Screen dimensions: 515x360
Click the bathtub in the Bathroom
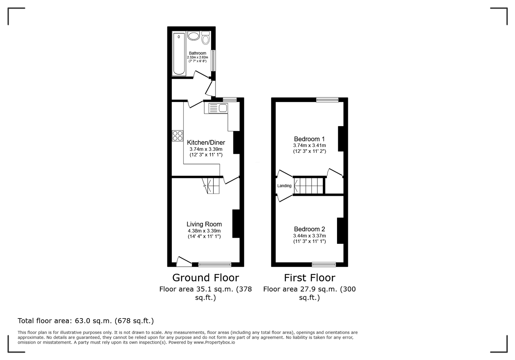[x=179, y=54]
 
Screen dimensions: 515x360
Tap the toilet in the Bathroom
[x=206, y=38]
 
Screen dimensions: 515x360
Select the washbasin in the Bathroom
[x=193, y=36]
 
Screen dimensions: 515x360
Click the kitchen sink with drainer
[x=218, y=108]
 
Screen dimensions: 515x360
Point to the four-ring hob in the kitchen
[x=177, y=136]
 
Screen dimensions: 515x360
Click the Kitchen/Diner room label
[x=206, y=143]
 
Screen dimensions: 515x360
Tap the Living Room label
[x=204, y=224]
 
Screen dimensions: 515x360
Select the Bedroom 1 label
[x=309, y=139]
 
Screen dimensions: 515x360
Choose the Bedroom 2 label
[x=309, y=229]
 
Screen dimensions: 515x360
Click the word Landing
[x=285, y=186]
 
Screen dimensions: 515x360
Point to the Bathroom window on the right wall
[x=213, y=61]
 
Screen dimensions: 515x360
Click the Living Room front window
[x=215, y=264]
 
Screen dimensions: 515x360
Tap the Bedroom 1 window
[x=327, y=100]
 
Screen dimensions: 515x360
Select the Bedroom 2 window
[x=324, y=264]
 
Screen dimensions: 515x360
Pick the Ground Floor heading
[x=206, y=278]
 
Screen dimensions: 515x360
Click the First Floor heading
[x=309, y=278]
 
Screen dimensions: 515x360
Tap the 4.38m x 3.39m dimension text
[x=204, y=231]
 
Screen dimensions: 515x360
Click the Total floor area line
[x=86, y=321]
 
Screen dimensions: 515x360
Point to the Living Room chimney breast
[x=236, y=224]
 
